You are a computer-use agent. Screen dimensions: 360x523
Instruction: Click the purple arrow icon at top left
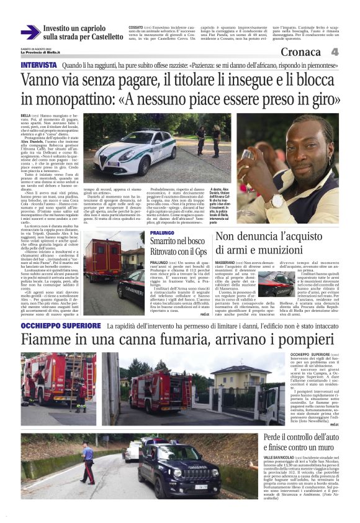pyautogui.click(x=30, y=32)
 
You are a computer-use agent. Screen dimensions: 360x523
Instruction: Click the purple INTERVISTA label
pyautogui.click(x=38, y=65)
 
